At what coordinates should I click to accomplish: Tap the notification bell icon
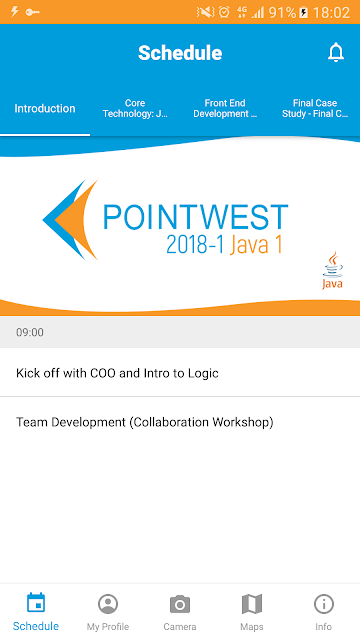(x=336, y=52)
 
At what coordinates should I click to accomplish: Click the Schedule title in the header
(x=180, y=53)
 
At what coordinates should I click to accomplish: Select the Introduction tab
(x=45, y=109)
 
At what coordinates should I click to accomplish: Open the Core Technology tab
(x=135, y=108)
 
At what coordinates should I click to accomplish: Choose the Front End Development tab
(x=225, y=108)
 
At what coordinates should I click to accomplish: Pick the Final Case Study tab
(x=315, y=108)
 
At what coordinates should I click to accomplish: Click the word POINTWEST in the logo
(x=196, y=217)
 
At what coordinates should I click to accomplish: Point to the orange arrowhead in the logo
(x=76, y=220)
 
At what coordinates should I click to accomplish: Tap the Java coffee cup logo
(x=333, y=270)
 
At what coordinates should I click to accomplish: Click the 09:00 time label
(x=30, y=332)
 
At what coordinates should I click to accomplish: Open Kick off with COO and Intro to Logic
(x=117, y=373)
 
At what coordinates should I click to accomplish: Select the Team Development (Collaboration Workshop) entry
(x=144, y=422)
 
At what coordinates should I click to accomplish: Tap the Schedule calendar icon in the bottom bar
(x=36, y=603)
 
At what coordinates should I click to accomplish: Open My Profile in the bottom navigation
(x=108, y=612)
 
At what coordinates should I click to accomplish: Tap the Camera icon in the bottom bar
(x=180, y=604)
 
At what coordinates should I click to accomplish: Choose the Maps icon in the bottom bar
(x=252, y=604)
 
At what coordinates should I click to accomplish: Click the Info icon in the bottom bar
(x=324, y=604)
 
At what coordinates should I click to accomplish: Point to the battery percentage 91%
(x=282, y=12)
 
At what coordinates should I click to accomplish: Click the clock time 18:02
(x=331, y=12)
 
